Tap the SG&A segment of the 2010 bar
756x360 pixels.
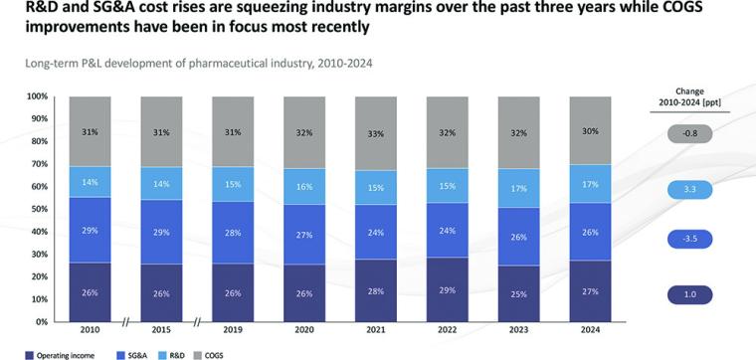click(x=91, y=230)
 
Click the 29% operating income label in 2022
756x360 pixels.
click(x=448, y=292)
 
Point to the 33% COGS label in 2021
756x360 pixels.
click(x=376, y=133)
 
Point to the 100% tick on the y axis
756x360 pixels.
click(x=37, y=96)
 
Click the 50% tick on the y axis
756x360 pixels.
click(x=39, y=209)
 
